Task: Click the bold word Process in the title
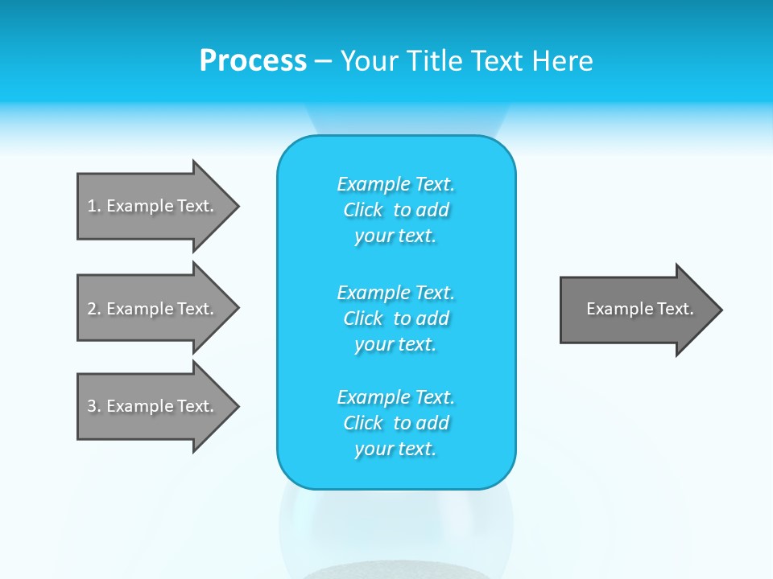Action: coord(253,61)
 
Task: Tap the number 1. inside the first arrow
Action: coord(94,206)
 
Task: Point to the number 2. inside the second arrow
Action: coord(94,309)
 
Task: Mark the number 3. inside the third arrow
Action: coord(94,406)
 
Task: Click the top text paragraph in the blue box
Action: coord(395,210)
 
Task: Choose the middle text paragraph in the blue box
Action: coord(395,318)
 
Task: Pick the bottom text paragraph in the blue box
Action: coord(395,423)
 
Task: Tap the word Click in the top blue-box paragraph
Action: coord(363,210)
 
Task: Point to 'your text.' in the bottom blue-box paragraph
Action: coord(395,449)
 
